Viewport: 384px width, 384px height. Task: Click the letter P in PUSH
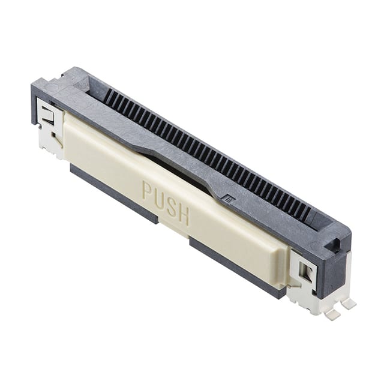coord(147,191)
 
